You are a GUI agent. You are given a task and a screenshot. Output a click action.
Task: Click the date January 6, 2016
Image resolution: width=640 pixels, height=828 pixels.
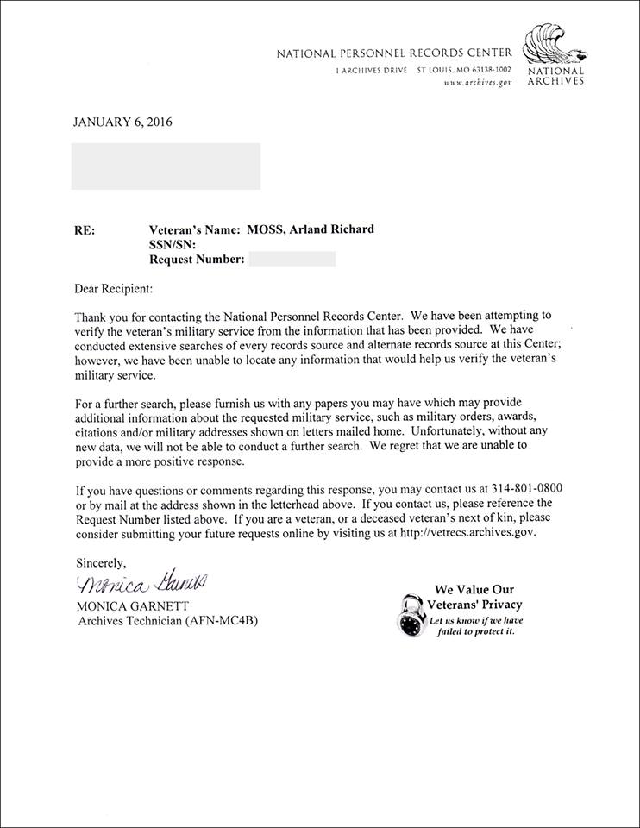[122, 122]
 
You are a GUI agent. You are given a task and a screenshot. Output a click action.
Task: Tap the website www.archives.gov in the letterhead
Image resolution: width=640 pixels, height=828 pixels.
[478, 82]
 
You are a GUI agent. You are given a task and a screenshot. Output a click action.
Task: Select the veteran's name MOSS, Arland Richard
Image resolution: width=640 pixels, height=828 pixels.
[312, 229]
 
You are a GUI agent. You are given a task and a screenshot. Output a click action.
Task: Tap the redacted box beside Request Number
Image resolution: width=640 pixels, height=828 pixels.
[292, 259]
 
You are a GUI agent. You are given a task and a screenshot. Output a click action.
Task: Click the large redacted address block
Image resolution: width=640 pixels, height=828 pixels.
[166, 166]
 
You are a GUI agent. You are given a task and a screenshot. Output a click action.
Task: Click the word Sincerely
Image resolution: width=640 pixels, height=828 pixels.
[100, 562]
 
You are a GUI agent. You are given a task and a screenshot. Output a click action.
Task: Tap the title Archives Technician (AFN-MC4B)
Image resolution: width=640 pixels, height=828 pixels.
[167, 621]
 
